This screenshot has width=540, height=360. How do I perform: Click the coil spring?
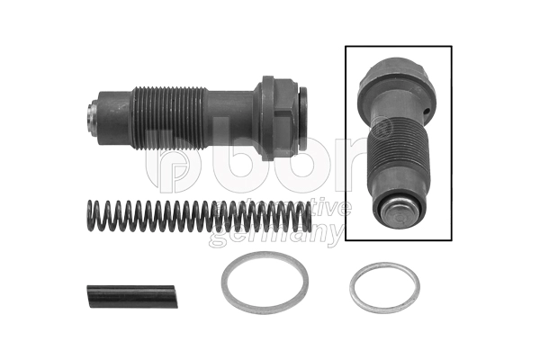(199, 217)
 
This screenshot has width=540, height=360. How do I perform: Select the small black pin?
(132, 296)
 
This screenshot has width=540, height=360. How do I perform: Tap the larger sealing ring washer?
(265, 283)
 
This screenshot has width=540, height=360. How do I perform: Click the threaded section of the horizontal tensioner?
(169, 118)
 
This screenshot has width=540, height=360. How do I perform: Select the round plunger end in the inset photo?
(400, 215)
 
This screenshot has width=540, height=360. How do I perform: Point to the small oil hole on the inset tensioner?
(427, 111)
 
